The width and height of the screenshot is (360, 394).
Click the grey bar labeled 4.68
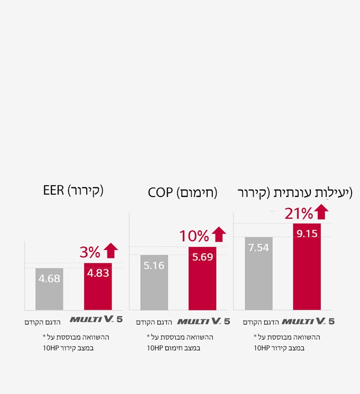[x=49, y=289]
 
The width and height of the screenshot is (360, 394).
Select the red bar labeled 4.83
[x=98, y=286]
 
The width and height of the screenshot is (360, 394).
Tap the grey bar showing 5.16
[x=154, y=282]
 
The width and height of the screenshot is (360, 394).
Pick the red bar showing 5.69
[x=202, y=278]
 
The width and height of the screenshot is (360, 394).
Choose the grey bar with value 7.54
[x=258, y=273]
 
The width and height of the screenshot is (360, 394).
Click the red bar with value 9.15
[x=307, y=266]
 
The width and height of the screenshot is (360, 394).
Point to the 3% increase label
[x=90, y=252]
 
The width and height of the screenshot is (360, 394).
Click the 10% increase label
[x=194, y=236]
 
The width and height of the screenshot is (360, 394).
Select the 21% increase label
[x=299, y=213]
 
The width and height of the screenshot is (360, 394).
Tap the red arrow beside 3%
[x=111, y=251]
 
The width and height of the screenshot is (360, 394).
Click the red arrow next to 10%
[x=218, y=235]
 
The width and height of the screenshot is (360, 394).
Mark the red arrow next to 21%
[x=322, y=212]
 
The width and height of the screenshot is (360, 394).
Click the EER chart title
[x=73, y=190]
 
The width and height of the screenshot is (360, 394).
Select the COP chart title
[x=182, y=193]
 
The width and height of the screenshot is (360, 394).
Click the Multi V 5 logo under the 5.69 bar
[x=204, y=321]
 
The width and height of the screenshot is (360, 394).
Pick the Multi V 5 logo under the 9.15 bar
[x=308, y=321]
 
